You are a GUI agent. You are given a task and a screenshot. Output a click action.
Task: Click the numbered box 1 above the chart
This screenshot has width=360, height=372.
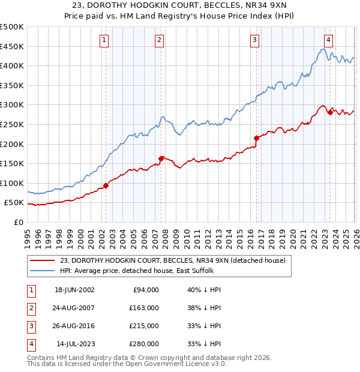[x=104, y=40]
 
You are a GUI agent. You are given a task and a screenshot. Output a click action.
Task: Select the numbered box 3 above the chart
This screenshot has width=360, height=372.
[x=254, y=40]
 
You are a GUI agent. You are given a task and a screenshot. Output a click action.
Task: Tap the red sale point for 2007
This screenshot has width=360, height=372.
[x=161, y=158]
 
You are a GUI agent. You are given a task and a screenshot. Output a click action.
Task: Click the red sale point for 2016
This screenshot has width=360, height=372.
[x=256, y=138]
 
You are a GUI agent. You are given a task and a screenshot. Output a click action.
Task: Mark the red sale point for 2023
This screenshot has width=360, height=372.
[x=330, y=112]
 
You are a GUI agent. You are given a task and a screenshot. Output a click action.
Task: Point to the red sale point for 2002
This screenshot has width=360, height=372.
[x=106, y=185]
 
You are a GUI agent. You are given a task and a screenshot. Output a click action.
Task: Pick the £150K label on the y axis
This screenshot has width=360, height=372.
[x=12, y=163]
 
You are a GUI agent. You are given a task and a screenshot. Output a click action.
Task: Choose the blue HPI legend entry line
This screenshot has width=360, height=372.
[x=42, y=271]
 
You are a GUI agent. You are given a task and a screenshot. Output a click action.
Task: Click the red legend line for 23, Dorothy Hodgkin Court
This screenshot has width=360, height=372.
[x=42, y=260]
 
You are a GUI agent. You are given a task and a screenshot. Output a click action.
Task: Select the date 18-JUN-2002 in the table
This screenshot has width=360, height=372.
[x=74, y=290]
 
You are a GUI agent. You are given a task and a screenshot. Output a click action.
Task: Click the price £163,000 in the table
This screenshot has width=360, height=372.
[x=144, y=308]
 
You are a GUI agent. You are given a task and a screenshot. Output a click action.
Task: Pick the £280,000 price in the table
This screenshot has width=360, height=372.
[x=144, y=344]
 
